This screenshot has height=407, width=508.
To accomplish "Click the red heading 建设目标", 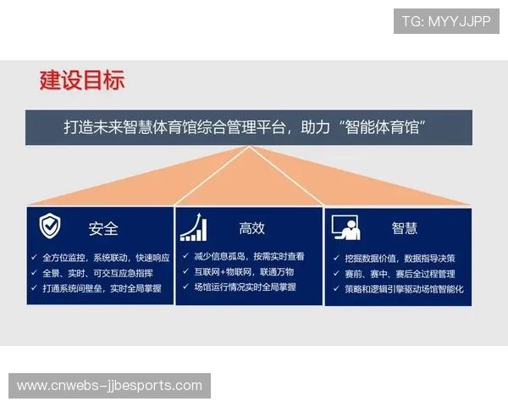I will (82, 81).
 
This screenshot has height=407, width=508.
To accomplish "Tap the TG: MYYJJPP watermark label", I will (446, 21).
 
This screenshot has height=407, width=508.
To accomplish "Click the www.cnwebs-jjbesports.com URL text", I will (110, 386).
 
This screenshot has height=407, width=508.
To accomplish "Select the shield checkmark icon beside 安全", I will (50, 226).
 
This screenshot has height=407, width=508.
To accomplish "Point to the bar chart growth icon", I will (193, 226).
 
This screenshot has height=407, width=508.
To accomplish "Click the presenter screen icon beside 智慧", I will (345, 227).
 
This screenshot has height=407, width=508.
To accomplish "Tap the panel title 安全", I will (103, 228).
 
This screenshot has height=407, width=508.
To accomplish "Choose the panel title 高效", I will (251, 228).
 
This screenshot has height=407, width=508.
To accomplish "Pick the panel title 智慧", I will (404, 228).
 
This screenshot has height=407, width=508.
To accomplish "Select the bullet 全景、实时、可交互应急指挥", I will (97, 273).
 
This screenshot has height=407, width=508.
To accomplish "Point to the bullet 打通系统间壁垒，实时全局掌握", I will (101, 288).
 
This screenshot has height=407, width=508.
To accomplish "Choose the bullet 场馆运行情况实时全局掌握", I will (245, 287).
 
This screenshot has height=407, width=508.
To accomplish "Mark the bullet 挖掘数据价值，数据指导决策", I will (400, 259).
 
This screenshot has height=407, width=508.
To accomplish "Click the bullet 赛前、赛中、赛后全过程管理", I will (400, 274).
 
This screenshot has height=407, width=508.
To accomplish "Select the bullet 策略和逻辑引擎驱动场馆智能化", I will (404, 289).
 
